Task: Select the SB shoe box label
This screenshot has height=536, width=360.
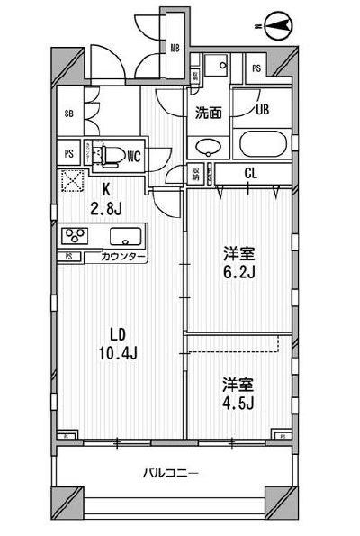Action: click(68, 114)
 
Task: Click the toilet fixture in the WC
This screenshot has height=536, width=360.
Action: click(111, 156)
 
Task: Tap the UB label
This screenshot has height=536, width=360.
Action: click(262, 112)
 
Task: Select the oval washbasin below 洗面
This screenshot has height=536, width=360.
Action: click(208, 146)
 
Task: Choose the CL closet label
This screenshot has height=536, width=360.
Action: click(251, 175)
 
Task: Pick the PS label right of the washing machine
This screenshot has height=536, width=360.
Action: click(256, 68)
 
